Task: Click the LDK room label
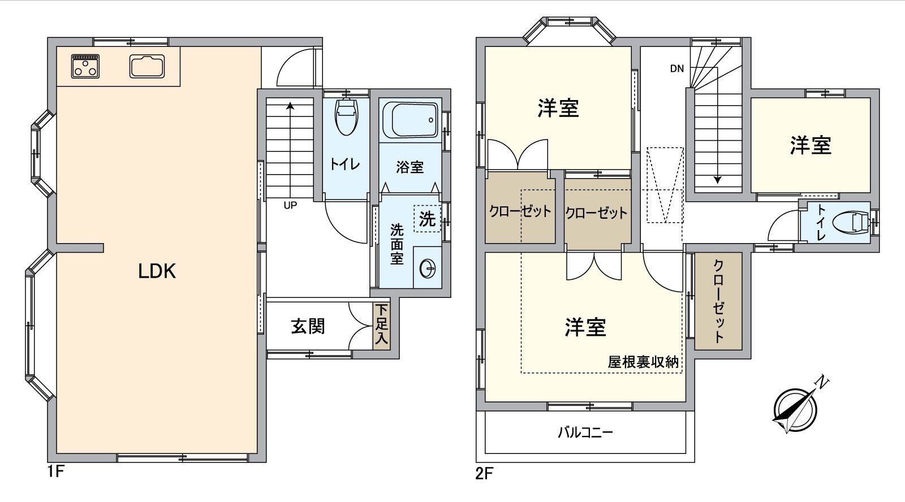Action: (157, 271)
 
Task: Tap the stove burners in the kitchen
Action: (85, 66)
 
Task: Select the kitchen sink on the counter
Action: (147, 66)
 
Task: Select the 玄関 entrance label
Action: (308, 326)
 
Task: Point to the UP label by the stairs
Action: (290, 206)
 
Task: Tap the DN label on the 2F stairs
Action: (676, 69)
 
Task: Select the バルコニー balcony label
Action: (585, 433)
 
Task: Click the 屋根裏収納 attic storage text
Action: (643, 362)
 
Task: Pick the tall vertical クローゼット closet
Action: (718, 301)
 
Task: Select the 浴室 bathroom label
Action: (410, 167)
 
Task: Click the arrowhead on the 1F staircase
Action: (290, 105)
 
